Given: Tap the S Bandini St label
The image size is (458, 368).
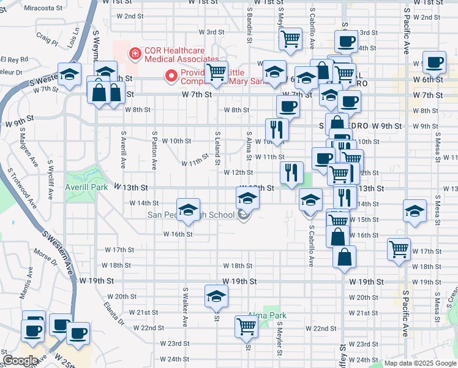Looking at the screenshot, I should click(x=250, y=26).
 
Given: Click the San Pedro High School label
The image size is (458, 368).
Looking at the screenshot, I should click(x=191, y=215).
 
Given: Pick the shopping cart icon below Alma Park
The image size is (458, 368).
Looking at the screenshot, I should click(x=246, y=326).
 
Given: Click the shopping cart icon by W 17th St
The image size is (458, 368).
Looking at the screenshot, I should click(x=399, y=249).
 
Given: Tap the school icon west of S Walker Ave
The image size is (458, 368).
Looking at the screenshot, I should click(x=189, y=209).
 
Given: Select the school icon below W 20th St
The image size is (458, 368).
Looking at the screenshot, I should click(x=216, y=296).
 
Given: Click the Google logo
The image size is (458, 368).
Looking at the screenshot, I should click(x=21, y=361).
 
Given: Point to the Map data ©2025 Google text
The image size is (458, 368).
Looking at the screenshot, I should click(x=420, y=363).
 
